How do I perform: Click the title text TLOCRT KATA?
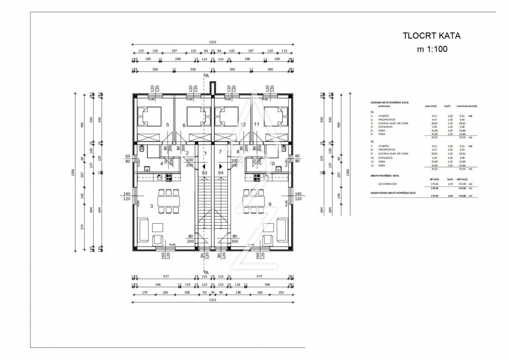(x=431, y=36)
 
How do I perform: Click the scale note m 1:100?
(x=432, y=49)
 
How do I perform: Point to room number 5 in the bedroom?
(x=168, y=125)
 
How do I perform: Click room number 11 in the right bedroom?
(x=256, y=125)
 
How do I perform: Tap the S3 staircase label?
(x=204, y=173)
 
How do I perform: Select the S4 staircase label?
(x=221, y=173)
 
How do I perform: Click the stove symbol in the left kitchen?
(x=168, y=177)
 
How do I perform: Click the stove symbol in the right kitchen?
(x=257, y=177)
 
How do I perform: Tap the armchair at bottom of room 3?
(x=158, y=241)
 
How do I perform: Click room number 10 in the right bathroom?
(x=272, y=163)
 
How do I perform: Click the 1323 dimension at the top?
(x=212, y=42)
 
